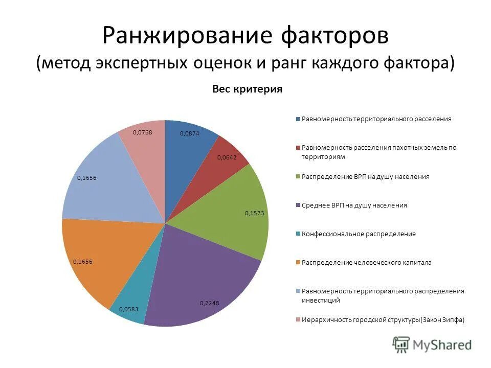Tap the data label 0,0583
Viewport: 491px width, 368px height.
pyautogui.click(x=128, y=309)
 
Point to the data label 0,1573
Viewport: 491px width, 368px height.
pyautogui.click(x=254, y=213)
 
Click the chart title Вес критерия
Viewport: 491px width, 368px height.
pyautogui.click(x=247, y=89)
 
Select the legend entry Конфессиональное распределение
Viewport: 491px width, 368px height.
pyautogui.click(x=359, y=234)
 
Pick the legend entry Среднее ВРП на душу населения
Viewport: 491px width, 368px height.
pyautogui.click(x=354, y=205)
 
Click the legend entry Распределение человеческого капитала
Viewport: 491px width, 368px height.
pyautogui.click(x=367, y=262)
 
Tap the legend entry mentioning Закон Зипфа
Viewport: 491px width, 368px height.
pyautogui.click(x=383, y=320)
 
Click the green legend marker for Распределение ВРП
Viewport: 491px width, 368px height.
pyautogui.click(x=298, y=176)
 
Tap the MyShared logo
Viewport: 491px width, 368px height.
pyautogui.click(x=432, y=344)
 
